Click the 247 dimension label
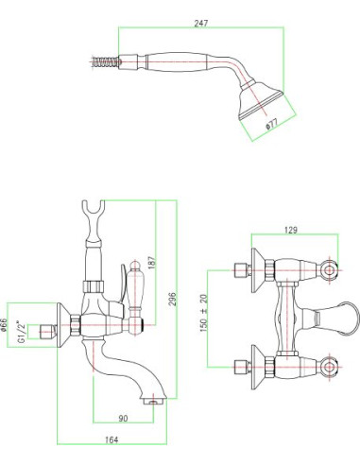click(x=201, y=24)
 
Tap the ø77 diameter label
click(x=272, y=124)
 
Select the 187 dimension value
click(x=152, y=262)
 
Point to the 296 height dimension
click(x=173, y=299)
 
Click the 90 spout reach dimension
click(x=123, y=419)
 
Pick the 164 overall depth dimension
click(x=111, y=439)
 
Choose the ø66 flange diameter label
click(x=4, y=325)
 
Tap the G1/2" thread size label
click(x=22, y=332)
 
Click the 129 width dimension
click(x=290, y=231)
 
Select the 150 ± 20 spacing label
click(x=204, y=313)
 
